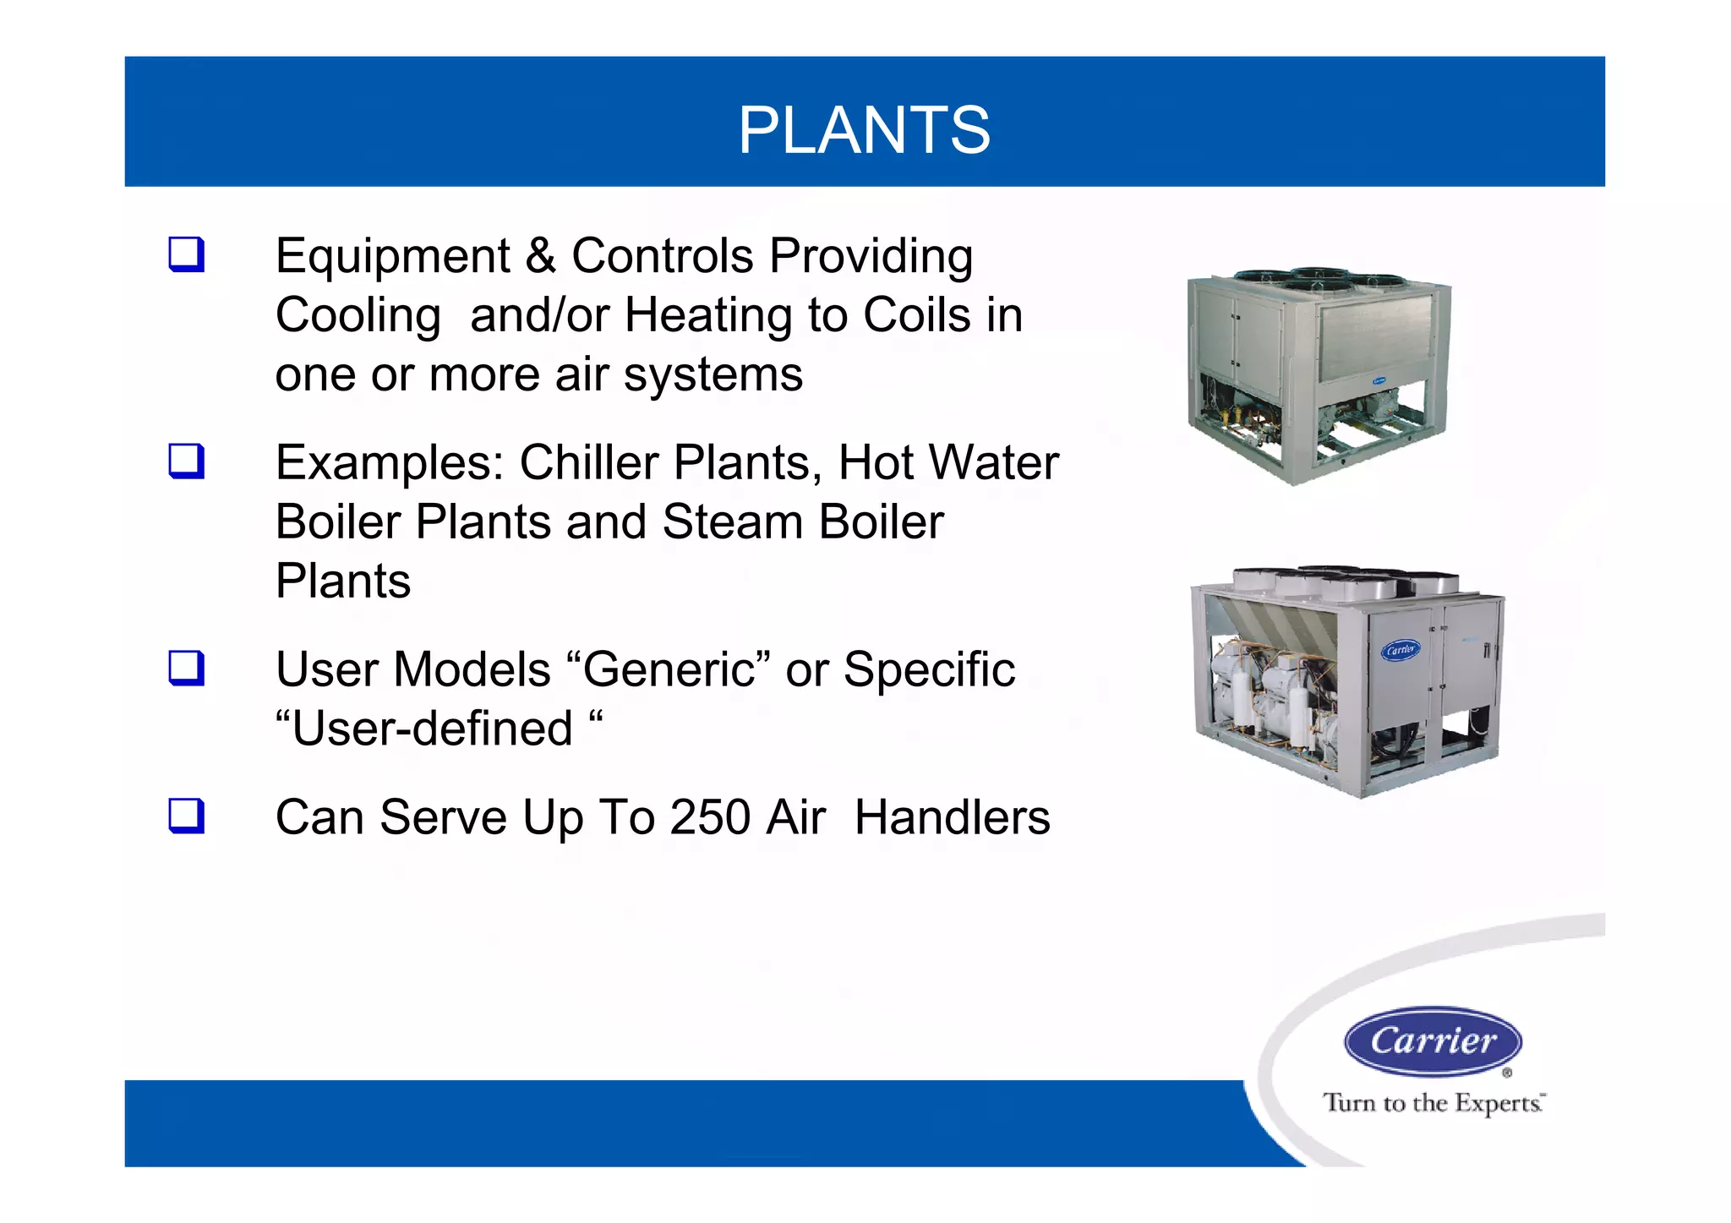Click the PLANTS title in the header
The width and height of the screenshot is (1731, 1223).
(864, 130)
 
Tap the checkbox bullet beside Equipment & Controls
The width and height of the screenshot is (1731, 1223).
(186, 254)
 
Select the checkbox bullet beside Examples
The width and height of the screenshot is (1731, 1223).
(186, 461)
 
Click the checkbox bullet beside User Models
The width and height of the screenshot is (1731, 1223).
(186, 669)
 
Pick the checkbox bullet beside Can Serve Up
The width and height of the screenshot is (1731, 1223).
(186, 816)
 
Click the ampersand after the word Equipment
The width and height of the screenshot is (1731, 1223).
(540, 255)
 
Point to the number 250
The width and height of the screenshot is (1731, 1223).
(710, 817)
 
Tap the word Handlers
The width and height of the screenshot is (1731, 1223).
(952, 817)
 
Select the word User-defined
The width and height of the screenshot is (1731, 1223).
(432, 729)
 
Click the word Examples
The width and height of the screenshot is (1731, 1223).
(390, 463)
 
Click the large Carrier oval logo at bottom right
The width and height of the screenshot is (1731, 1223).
(1433, 1040)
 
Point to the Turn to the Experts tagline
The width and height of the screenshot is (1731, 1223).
(1433, 1103)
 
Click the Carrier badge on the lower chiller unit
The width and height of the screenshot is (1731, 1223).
(1401, 650)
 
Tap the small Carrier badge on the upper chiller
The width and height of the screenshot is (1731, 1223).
(1379, 381)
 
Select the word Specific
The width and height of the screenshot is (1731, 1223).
(929, 670)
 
